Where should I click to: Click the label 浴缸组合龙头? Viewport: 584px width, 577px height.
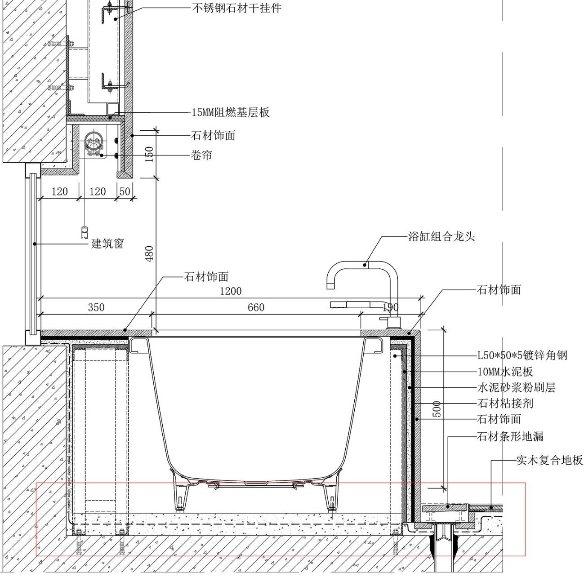click(441, 236)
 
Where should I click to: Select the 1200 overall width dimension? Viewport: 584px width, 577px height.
click(230, 291)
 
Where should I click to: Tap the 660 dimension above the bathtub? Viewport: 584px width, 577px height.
click(256, 307)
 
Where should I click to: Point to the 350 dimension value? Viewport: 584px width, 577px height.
click(96, 307)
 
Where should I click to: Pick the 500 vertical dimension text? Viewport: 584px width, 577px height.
click(437, 409)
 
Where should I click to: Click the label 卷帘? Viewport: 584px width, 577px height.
click(201, 156)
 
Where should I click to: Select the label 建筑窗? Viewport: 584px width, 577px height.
click(107, 244)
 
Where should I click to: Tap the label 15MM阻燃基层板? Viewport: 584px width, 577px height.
click(231, 112)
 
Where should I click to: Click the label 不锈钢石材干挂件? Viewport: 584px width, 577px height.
click(236, 8)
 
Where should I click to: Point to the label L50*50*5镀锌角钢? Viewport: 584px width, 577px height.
click(522, 356)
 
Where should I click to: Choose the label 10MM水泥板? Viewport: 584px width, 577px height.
click(505, 372)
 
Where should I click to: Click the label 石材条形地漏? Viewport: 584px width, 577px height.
click(511, 436)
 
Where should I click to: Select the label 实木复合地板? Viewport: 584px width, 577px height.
click(549, 460)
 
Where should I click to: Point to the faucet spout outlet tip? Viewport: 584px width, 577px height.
click(331, 285)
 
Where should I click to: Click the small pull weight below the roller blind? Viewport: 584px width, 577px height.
click(84, 232)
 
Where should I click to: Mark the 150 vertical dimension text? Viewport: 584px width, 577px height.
click(150, 154)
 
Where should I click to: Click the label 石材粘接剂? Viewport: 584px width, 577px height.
click(505, 403)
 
